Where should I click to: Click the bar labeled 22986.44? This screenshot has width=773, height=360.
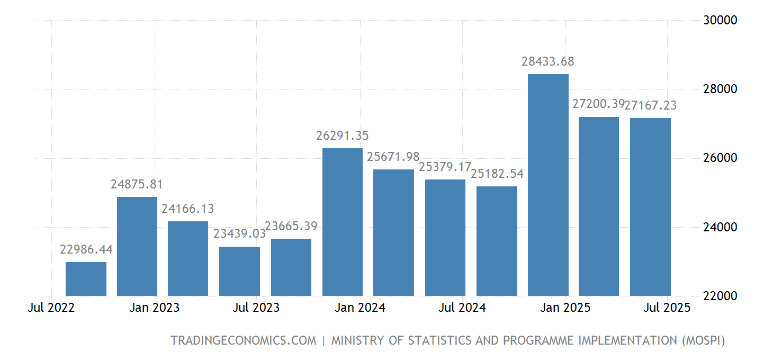(86, 279)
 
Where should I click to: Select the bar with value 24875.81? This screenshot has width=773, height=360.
(137, 246)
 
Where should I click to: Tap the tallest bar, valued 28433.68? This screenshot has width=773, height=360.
(548, 185)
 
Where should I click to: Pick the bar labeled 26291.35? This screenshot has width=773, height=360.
(343, 222)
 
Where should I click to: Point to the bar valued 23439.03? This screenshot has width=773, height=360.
(239, 271)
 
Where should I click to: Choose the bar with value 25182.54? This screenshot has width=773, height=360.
(497, 241)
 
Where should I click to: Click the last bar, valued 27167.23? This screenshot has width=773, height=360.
(650, 207)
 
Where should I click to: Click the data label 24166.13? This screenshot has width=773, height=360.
(188, 209)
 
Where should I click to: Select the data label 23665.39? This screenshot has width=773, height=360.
(291, 226)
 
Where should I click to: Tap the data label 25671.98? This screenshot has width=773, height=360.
(393, 157)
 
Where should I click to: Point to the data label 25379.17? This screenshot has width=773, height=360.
(445, 167)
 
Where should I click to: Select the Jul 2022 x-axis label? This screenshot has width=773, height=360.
(51, 308)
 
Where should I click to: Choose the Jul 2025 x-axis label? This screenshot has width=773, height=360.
(667, 308)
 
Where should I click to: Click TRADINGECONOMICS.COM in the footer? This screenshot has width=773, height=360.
(243, 340)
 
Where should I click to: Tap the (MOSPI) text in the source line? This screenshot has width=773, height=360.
(702, 340)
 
